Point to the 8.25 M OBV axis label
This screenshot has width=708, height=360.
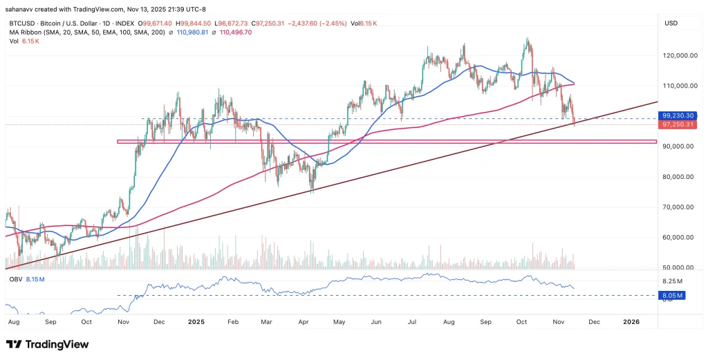pyautogui.click(x=673, y=282)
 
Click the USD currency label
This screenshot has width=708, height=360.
pyautogui.click(x=671, y=23)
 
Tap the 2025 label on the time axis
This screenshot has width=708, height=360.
pyautogui.click(x=196, y=322)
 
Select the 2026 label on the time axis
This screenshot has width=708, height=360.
pyautogui.click(x=631, y=322)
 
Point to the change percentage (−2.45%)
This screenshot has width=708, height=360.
pyautogui.click(x=326, y=23)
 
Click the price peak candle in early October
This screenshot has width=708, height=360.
pyautogui.click(x=528, y=40)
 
